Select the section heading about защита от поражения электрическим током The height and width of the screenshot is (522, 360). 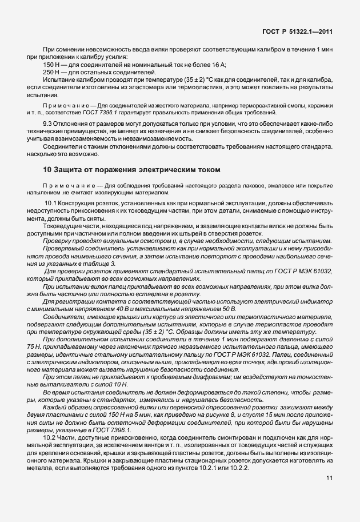tap(131, 170)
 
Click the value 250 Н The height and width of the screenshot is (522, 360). tap(53, 73)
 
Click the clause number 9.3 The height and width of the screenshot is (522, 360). tap(49, 123)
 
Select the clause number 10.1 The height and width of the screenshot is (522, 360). tap(51, 204)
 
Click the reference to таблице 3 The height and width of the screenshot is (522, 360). tap(106, 265)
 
